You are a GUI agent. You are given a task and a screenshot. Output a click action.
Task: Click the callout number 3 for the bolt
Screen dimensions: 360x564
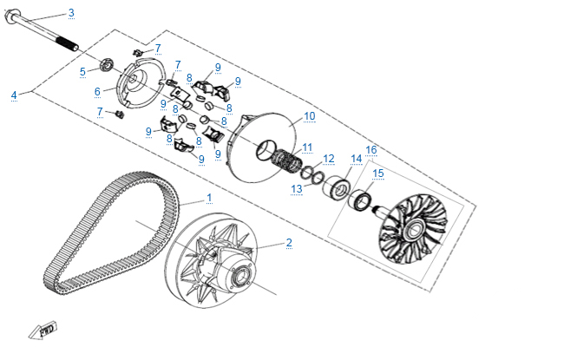click(71, 12)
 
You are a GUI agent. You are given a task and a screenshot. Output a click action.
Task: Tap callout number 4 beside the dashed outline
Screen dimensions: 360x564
click(14, 95)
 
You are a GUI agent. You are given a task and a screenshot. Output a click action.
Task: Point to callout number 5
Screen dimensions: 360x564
click(82, 71)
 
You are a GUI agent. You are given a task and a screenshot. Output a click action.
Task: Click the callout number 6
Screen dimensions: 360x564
click(98, 91)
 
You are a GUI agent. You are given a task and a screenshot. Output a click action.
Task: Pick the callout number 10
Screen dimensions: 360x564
click(310, 115)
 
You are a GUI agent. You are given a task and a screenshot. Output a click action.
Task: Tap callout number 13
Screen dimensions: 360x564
click(297, 188)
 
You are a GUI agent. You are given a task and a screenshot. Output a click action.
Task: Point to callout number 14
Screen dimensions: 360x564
click(356, 159)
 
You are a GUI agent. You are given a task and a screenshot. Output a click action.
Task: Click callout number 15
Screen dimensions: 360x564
click(377, 173)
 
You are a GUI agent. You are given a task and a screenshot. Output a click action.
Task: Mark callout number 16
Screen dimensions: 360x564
click(371, 149)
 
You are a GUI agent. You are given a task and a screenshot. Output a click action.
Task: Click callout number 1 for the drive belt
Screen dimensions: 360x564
click(208, 198)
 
